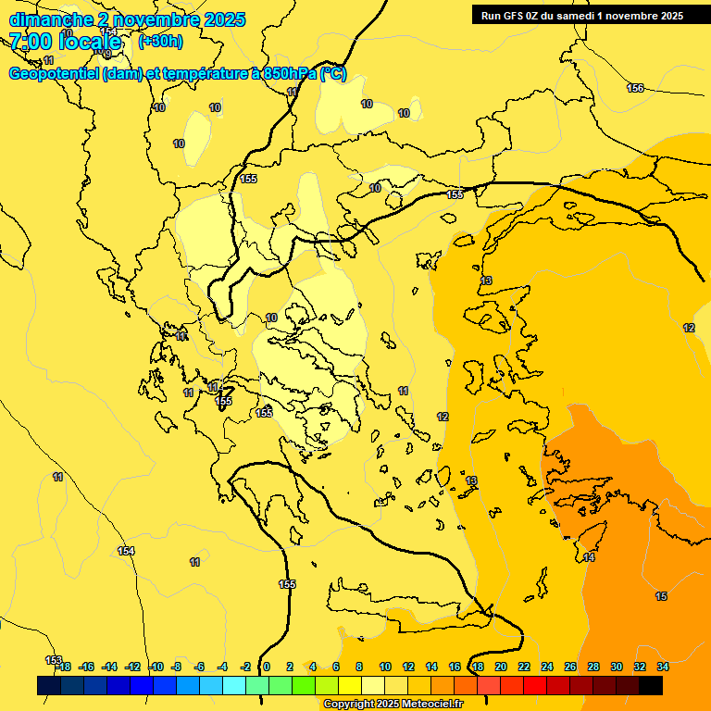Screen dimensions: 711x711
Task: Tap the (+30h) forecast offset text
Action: (x=160, y=41)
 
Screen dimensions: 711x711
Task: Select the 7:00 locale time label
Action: (x=65, y=42)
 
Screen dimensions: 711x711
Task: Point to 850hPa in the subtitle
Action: (x=289, y=74)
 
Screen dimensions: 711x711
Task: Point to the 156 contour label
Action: (x=635, y=88)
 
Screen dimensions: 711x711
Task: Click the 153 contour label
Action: (x=54, y=660)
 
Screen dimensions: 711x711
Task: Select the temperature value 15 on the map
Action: (x=661, y=596)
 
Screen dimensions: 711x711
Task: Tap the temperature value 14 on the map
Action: (x=589, y=557)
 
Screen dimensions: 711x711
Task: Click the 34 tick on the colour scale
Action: (x=663, y=667)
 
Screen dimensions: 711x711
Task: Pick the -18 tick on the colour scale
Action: (x=63, y=667)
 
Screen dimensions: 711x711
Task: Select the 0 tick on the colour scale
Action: (x=267, y=667)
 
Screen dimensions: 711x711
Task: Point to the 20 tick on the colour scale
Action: (x=500, y=667)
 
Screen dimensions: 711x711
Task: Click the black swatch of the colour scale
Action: (x=650, y=685)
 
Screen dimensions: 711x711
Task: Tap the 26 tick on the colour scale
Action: (x=570, y=667)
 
